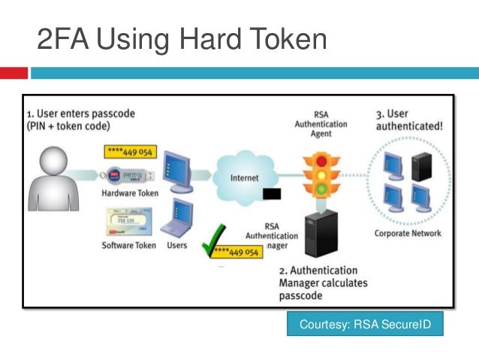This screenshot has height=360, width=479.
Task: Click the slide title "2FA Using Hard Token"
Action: tap(182, 40)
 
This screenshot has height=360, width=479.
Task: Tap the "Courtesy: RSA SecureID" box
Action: tap(364, 325)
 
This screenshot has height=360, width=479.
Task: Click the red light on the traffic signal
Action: tap(322, 161)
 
